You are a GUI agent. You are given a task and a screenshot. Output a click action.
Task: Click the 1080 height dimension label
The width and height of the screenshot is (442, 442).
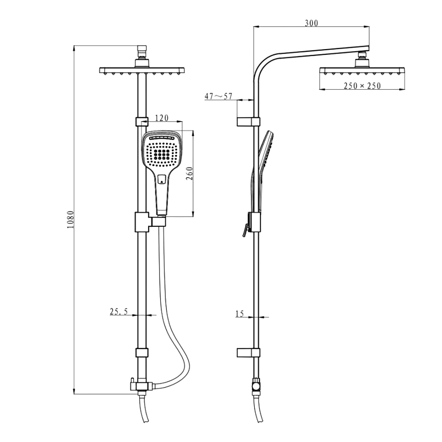(70, 219)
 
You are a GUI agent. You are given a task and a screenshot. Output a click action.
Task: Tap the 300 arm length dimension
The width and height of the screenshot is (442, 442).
(311, 23)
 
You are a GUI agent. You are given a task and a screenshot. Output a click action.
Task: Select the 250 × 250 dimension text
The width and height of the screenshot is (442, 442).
(362, 86)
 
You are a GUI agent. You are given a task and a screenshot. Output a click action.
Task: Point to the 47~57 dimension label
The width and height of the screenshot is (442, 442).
(218, 96)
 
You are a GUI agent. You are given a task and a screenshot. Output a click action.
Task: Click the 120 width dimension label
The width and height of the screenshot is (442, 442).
(162, 118)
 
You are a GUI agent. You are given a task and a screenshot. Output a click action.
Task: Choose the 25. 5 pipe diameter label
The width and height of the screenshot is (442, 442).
(119, 312)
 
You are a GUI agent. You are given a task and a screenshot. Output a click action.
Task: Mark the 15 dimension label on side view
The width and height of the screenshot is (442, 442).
(240, 314)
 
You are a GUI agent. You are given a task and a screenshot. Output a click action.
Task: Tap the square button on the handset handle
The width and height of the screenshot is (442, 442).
(161, 179)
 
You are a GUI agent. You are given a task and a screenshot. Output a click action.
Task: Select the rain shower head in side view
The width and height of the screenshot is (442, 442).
(362, 71)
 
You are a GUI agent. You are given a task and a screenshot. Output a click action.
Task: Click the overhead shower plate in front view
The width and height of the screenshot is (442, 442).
(141, 70)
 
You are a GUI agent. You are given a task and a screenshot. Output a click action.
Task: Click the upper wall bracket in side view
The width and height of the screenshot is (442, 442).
(248, 122)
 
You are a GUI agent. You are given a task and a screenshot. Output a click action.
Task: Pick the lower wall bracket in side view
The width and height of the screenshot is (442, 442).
(248, 352)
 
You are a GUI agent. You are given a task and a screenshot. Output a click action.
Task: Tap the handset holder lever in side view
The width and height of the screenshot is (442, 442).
(244, 230)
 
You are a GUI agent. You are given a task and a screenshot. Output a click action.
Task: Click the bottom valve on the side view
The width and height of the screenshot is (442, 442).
(256, 385)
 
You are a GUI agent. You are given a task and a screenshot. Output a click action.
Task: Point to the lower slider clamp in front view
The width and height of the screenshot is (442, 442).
(141, 352)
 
